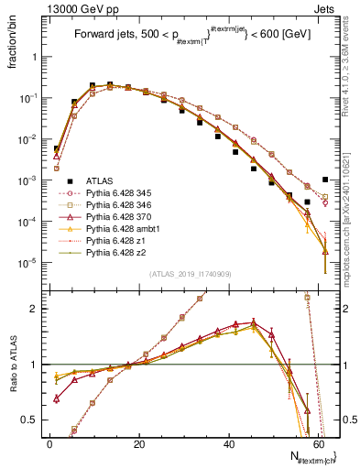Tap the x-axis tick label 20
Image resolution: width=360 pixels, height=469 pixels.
click(139, 444)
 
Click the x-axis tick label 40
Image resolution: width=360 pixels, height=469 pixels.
click(231, 444)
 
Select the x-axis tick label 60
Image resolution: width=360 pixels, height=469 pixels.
click(322, 444)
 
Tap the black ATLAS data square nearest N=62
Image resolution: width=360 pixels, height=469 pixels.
click(325, 180)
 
